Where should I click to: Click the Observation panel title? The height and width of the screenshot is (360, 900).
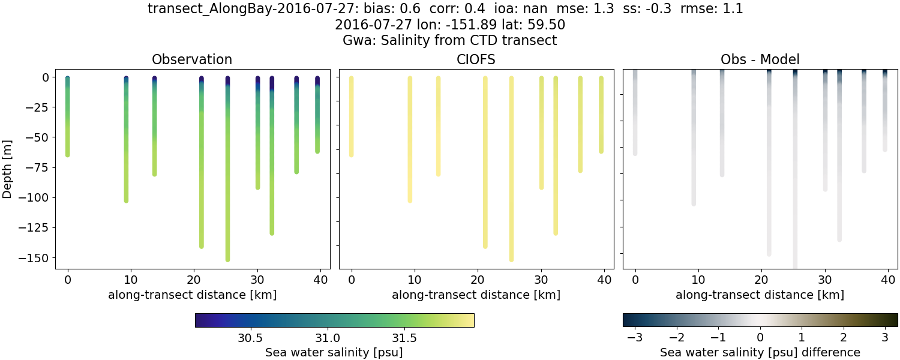coord(192,59)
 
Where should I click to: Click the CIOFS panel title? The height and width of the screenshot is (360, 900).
coord(476,59)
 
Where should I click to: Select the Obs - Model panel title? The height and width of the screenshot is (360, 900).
coord(760,59)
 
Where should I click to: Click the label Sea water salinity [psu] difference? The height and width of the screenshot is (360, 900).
coord(760,352)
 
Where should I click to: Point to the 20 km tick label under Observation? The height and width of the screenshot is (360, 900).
coord(194,280)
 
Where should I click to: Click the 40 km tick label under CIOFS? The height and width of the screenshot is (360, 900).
coord(604,280)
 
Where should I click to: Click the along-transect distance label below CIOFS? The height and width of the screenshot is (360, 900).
coord(476,295)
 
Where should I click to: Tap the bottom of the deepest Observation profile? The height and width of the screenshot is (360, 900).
coord(227,259)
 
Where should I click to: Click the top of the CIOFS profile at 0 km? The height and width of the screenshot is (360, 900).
coord(351,78)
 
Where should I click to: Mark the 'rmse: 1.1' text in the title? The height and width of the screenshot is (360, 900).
coord(708,9)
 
